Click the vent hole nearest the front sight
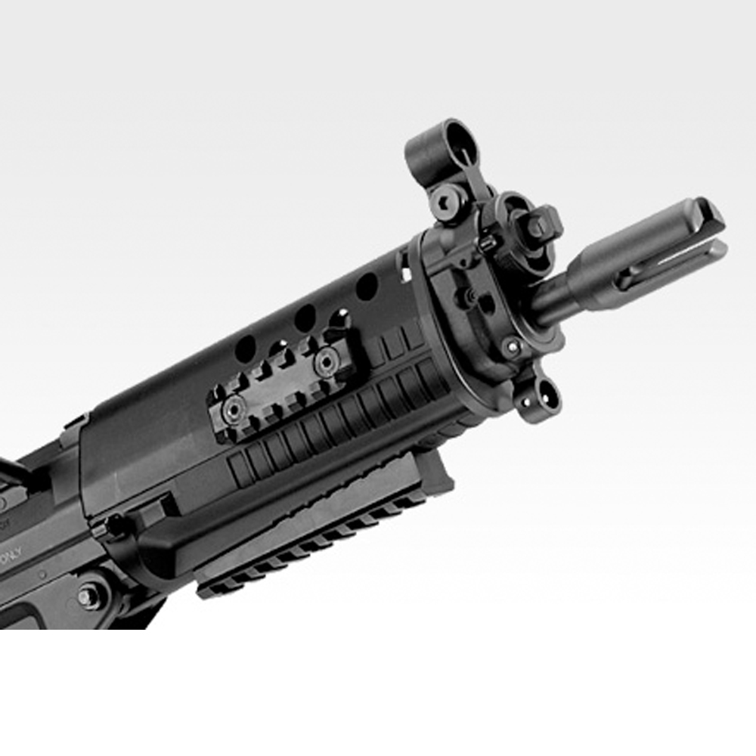[367, 287]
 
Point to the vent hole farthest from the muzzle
[246, 349]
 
